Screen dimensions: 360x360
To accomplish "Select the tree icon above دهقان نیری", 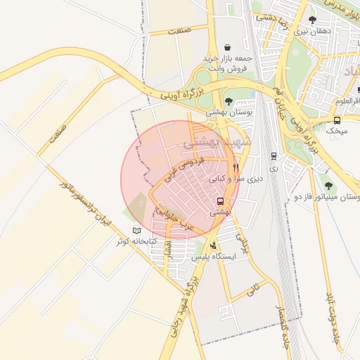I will pos(312,20).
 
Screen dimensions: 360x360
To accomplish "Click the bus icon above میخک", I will pos(337,120).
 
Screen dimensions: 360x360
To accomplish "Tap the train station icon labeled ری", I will pos(273,156).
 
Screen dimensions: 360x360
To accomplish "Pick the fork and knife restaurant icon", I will pos(236,168).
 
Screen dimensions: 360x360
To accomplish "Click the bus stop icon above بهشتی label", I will pos(221,201).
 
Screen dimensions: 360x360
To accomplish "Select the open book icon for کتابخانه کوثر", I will pos(136,231).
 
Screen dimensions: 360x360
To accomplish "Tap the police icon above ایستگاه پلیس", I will pos(213,245).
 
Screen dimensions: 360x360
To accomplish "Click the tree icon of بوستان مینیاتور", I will pos(328,186).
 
